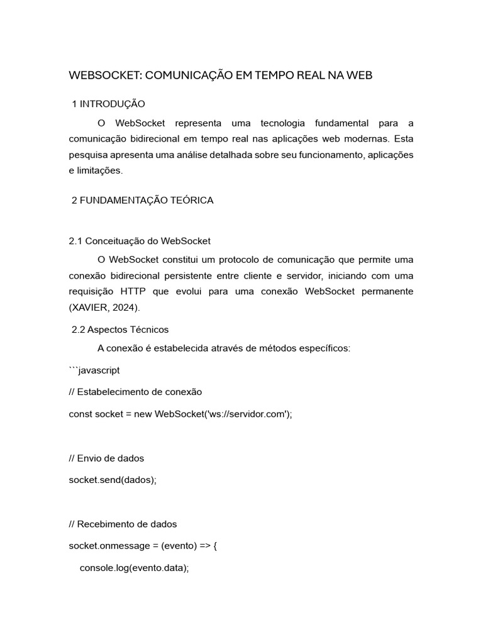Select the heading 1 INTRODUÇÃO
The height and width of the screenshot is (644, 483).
click(x=109, y=103)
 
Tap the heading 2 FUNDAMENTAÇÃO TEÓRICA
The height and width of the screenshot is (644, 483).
click(x=143, y=200)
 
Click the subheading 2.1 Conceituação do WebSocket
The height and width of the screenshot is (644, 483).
click(x=139, y=241)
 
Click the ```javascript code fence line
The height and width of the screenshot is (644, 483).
click(x=94, y=370)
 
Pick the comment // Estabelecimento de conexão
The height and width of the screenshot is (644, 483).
click(x=135, y=391)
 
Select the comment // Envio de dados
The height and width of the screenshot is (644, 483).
click(x=106, y=458)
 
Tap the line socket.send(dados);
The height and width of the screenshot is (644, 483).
click(x=112, y=479)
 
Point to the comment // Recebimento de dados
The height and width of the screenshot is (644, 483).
click(x=123, y=524)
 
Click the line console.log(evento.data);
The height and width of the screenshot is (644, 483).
click(x=134, y=567)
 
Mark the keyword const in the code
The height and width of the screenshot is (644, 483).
click(x=80, y=413)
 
